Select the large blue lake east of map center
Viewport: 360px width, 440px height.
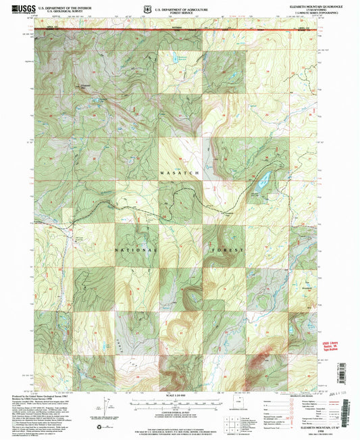point(263,179)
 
